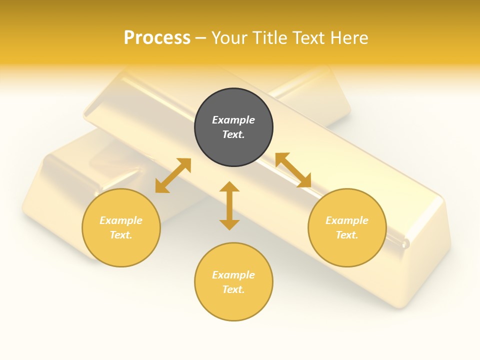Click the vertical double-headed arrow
tap(229, 205)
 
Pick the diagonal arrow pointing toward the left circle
tap(173, 175)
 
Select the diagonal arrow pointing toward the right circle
tap(293, 170)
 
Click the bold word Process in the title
tap(157, 38)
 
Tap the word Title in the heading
tap(270, 38)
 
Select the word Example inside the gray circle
tap(233, 120)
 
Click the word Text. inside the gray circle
tap(233, 134)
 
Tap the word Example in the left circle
tap(121, 220)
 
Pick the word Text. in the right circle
tap(347, 235)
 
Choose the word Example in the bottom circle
tap(233, 275)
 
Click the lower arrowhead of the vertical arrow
tap(229, 224)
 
